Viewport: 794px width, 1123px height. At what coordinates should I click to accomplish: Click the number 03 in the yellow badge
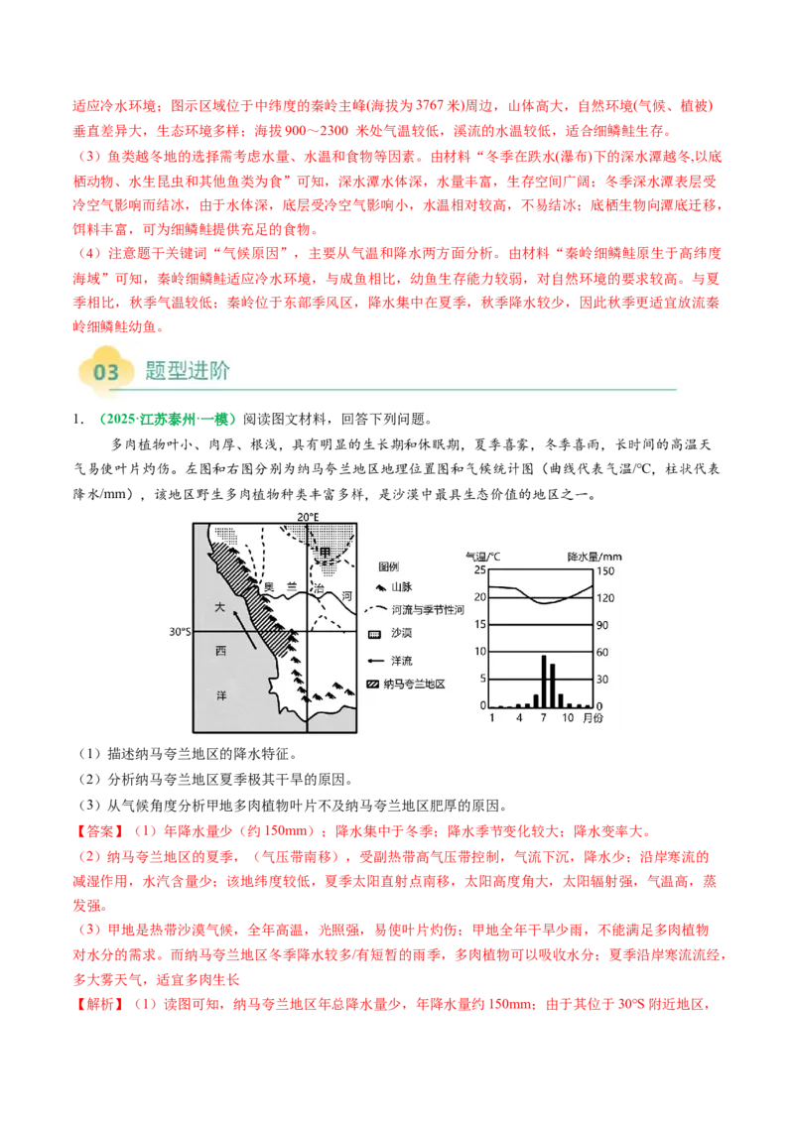[106, 372]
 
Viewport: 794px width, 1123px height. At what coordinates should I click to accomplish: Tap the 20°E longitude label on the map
[308, 517]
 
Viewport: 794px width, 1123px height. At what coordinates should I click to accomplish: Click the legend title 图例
[389, 567]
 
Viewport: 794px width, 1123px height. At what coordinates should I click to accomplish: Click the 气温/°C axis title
[481, 556]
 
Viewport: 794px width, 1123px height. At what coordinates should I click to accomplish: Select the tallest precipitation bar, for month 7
[544, 681]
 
